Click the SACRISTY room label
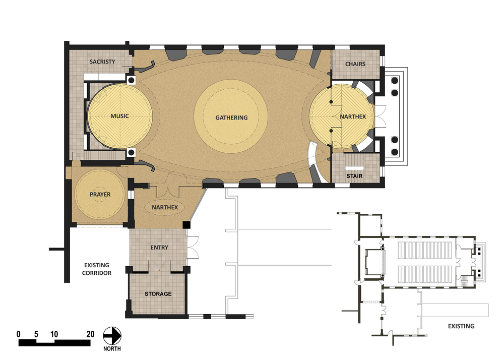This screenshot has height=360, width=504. pyautogui.click(x=102, y=62)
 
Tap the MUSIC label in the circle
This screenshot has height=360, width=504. pyautogui.click(x=119, y=116)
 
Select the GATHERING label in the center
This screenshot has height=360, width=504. pyautogui.click(x=231, y=117)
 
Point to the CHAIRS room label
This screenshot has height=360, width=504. pyautogui.click(x=355, y=64)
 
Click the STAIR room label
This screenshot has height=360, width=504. pyautogui.click(x=354, y=176)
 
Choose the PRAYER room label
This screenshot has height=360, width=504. pyautogui.click(x=100, y=195)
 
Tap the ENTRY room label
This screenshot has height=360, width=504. pyautogui.click(x=159, y=248)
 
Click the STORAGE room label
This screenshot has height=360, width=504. pyautogui.click(x=158, y=294)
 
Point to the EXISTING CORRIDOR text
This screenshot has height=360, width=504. pyautogui.click(x=97, y=269)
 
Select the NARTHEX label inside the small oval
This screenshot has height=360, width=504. pyautogui.click(x=165, y=207)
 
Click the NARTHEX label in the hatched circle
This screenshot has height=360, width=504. pyautogui.click(x=353, y=116)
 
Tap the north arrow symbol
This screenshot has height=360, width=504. pyautogui.click(x=112, y=336)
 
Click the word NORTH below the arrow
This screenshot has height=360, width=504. pyautogui.click(x=112, y=349)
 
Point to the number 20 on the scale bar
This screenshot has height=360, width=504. pyautogui.click(x=90, y=334)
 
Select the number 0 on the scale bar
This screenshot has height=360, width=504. pyautogui.click(x=19, y=334)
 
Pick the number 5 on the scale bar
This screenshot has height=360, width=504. pyautogui.click(x=36, y=334)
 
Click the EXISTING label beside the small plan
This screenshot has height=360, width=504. pyautogui.click(x=461, y=326)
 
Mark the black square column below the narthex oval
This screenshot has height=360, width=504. pyautogui.click(x=187, y=225)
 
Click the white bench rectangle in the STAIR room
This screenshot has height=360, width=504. pyautogui.click(x=354, y=168)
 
